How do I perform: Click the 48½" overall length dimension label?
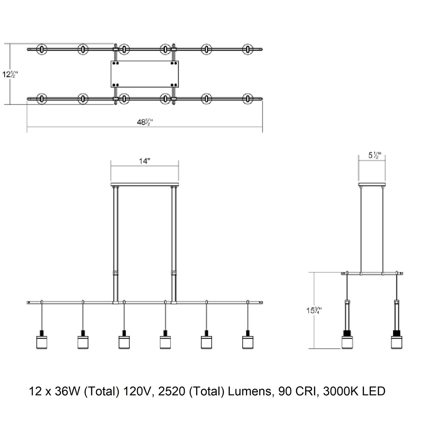click(x=145, y=122)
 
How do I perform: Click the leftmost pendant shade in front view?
click(x=41, y=342)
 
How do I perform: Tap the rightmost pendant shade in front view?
click(x=248, y=342)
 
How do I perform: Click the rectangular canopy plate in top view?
click(x=145, y=74)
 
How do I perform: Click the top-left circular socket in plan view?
click(x=42, y=49)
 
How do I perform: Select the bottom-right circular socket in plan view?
click(x=248, y=99)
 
